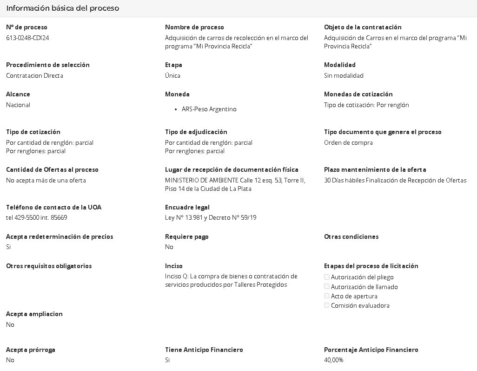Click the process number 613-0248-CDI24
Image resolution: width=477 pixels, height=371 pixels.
click(27, 38)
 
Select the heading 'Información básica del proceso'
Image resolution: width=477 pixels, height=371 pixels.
click(63, 8)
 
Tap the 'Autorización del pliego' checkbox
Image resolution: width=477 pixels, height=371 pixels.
click(327, 277)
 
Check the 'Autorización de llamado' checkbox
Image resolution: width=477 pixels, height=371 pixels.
click(327, 287)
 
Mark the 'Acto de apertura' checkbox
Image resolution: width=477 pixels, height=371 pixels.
click(327, 296)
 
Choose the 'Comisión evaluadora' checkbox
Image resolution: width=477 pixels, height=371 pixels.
click(327, 305)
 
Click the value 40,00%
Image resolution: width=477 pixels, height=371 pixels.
click(334, 360)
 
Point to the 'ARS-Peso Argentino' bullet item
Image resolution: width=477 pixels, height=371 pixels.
click(209, 109)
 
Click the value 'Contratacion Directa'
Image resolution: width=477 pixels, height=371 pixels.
click(34, 75)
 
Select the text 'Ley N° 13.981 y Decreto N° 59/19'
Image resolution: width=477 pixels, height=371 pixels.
click(211, 217)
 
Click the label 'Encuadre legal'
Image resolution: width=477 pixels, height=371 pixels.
click(187, 207)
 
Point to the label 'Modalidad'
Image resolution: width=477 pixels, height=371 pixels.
click(340, 65)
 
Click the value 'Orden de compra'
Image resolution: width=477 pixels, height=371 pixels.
click(348, 142)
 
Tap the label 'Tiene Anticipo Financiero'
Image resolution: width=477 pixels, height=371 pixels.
click(204, 350)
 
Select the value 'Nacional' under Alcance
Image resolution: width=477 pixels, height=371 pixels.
click(18, 105)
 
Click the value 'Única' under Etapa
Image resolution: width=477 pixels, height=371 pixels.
click(172, 75)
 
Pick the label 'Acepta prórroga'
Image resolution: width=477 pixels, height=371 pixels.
click(31, 350)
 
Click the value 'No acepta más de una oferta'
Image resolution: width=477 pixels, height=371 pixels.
click(46, 180)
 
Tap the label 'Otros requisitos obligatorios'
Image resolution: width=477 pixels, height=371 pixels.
click(49, 266)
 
